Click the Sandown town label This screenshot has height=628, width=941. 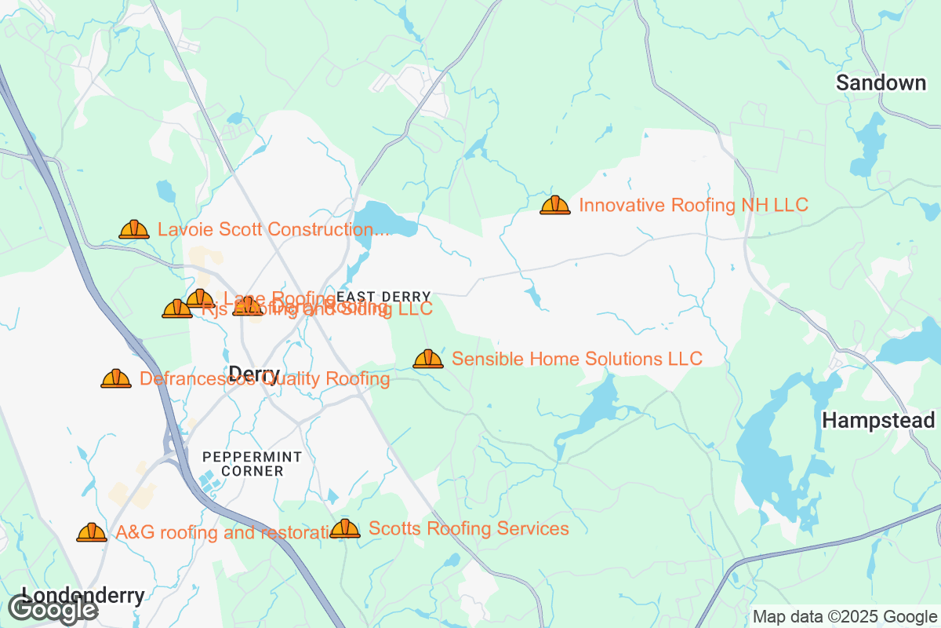click(881, 82)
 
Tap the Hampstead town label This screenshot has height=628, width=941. click(878, 421)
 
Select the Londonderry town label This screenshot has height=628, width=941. click(83, 595)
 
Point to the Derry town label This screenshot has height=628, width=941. click(253, 374)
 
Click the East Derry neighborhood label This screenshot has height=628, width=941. click(383, 297)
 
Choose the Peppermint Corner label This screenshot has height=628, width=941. click(241, 463)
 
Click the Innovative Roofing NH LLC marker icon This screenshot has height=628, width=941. click(555, 206)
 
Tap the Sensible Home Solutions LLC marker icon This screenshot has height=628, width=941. click(428, 360)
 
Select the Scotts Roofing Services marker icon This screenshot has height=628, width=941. click(345, 529)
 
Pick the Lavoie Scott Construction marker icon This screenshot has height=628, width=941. click(134, 230)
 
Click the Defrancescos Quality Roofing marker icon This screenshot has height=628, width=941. click(116, 379)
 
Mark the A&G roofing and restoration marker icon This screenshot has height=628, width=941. click(92, 533)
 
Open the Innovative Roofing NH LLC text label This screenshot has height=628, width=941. click(693, 206)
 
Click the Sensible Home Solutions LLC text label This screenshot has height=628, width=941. click(577, 359)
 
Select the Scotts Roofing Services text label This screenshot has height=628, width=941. click(469, 528)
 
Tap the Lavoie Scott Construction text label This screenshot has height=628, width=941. click(274, 229)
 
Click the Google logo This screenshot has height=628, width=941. click(53, 608)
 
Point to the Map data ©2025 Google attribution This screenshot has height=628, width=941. click(845, 616)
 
